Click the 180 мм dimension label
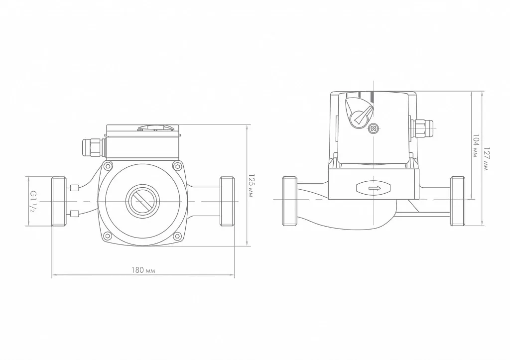pyautogui.click(x=143, y=270)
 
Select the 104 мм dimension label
pyautogui.click(x=476, y=146)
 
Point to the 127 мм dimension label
pyautogui.click(x=486, y=159)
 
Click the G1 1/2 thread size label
pyautogui.click(x=32, y=201)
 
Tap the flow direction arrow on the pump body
pyautogui.click(x=374, y=188)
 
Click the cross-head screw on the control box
pyautogui.click(x=374, y=129)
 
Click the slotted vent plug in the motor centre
pyautogui.click(x=142, y=201)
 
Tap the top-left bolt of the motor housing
pyautogui.click(x=108, y=166)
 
